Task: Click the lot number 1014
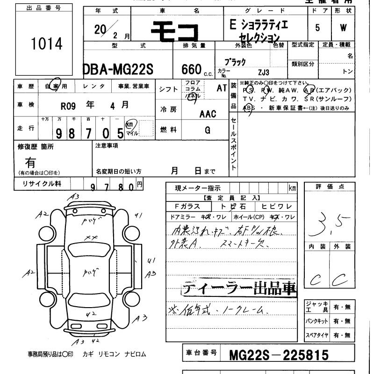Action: click(x=46, y=44)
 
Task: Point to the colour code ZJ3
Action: click(x=264, y=72)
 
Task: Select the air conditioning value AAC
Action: click(x=208, y=114)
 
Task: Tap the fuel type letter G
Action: click(x=207, y=130)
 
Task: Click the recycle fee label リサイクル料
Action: click(x=42, y=184)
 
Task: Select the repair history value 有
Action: click(x=31, y=163)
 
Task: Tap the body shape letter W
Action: click(x=344, y=28)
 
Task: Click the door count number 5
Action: click(x=318, y=28)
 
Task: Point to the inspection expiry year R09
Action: click(x=68, y=105)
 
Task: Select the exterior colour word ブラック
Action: click(x=235, y=62)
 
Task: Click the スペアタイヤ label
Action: click(x=317, y=335)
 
